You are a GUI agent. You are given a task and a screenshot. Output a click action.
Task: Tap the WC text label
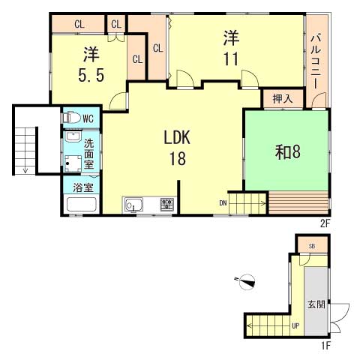click(x=88, y=118)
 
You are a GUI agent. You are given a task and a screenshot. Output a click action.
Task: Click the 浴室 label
click(x=82, y=186)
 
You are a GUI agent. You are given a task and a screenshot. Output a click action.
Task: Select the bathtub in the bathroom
click(x=81, y=205)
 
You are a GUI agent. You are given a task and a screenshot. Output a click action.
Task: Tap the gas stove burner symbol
click(x=166, y=204)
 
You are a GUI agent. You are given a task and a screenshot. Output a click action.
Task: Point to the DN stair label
click(x=223, y=202)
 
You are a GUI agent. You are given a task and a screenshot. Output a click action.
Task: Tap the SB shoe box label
click(x=311, y=246)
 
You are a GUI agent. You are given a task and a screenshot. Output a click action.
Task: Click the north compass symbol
click(x=246, y=282)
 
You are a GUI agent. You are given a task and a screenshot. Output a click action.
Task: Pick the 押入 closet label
click(x=282, y=98)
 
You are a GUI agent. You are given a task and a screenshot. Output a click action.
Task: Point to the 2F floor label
click(x=324, y=223)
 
